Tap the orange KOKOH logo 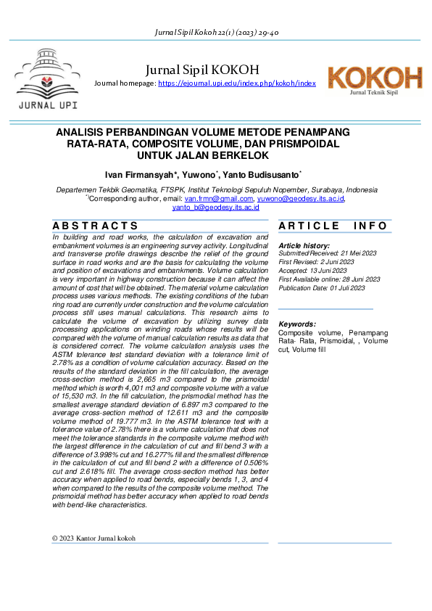[x=374, y=78]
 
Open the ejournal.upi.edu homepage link [x=237, y=84]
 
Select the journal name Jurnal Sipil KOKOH [x=202, y=70]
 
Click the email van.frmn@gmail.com [x=219, y=198]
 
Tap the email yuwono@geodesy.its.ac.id [x=301, y=198]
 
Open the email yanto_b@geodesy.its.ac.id [x=215, y=207]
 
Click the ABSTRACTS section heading [x=95, y=226]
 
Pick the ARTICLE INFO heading [x=334, y=226]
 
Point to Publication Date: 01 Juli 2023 [x=322, y=287]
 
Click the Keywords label [x=297, y=324]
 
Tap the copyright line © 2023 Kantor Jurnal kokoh [x=94, y=538]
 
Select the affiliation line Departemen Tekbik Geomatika [x=217, y=189]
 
